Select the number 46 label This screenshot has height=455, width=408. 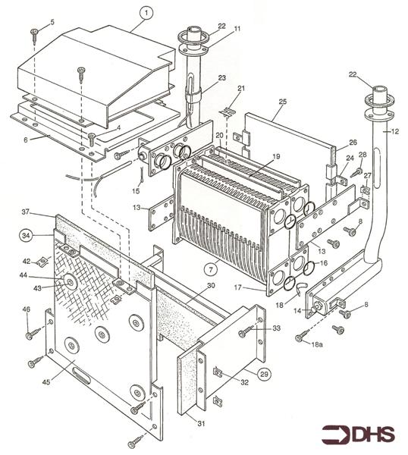pyautogui.click(x=26, y=309)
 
